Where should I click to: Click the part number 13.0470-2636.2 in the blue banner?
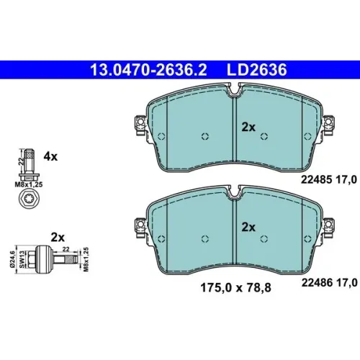(148, 70)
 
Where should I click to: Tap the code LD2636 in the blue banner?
(256, 70)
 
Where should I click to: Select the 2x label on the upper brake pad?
(248, 127)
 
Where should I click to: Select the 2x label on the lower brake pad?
(248, 227)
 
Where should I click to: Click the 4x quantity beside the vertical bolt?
(50, 157)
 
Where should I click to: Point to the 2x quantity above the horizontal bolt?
(58, 238)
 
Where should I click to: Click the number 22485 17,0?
(329, 179)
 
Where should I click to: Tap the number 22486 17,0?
(329, 282)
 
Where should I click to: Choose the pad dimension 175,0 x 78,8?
(235, 287)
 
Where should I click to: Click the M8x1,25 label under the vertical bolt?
(29, 184)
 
